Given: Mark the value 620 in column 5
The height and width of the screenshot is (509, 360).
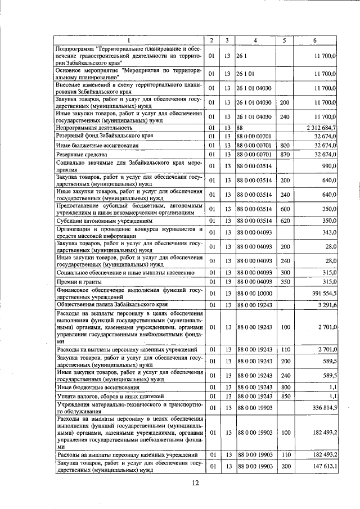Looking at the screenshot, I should tap(284, 220).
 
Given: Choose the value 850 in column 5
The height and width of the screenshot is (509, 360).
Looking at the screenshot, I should tap(284, 397).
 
